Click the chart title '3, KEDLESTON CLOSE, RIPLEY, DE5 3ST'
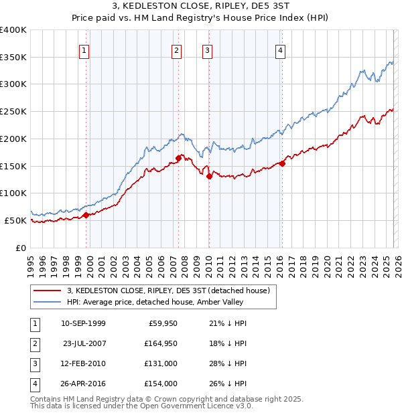click(x=201, y=7)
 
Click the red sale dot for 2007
click(x=179, y=158)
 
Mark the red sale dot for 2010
click(x=209, y=177)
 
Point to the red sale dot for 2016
click(x=283, y=163)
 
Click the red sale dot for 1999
click(x=86, y=215)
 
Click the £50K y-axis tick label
click(x=15, y=220)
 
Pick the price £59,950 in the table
click(x=161, y=323)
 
